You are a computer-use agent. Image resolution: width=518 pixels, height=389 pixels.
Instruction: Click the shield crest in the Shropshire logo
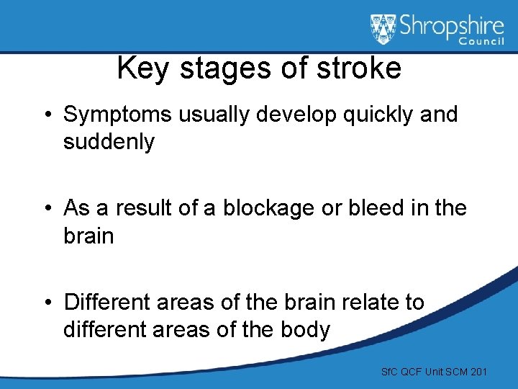pyautogui.click(x=383, y=29)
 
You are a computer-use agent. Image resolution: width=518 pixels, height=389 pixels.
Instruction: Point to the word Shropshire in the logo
pyautogui.click(x=450, y=27)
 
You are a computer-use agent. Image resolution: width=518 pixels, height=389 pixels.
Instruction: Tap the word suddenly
pyautogui.click(x=109, y=143)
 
